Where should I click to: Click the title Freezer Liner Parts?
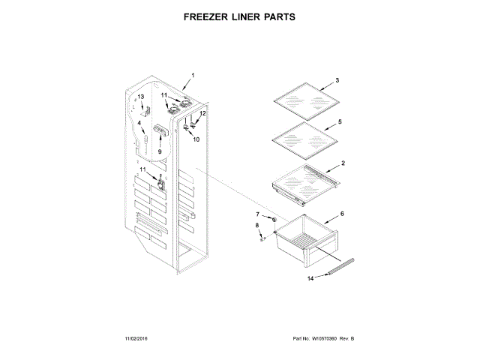240,16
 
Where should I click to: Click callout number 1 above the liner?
192,75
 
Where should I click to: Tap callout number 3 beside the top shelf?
337,80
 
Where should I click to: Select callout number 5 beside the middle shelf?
340,121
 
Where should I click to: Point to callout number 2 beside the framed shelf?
343,163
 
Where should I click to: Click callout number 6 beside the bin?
342,214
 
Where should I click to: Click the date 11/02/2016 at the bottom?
139,340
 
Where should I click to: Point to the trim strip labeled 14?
337,266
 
